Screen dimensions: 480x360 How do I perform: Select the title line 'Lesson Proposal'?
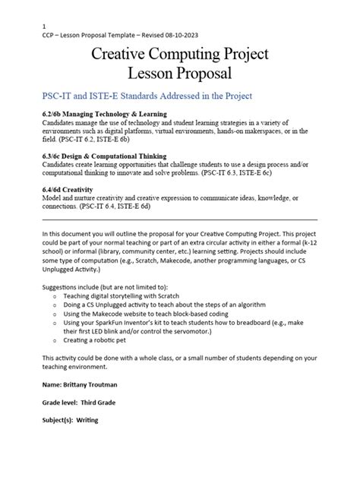(x=179, y=74)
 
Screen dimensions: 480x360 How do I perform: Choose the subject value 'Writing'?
(x=86, y=420)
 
